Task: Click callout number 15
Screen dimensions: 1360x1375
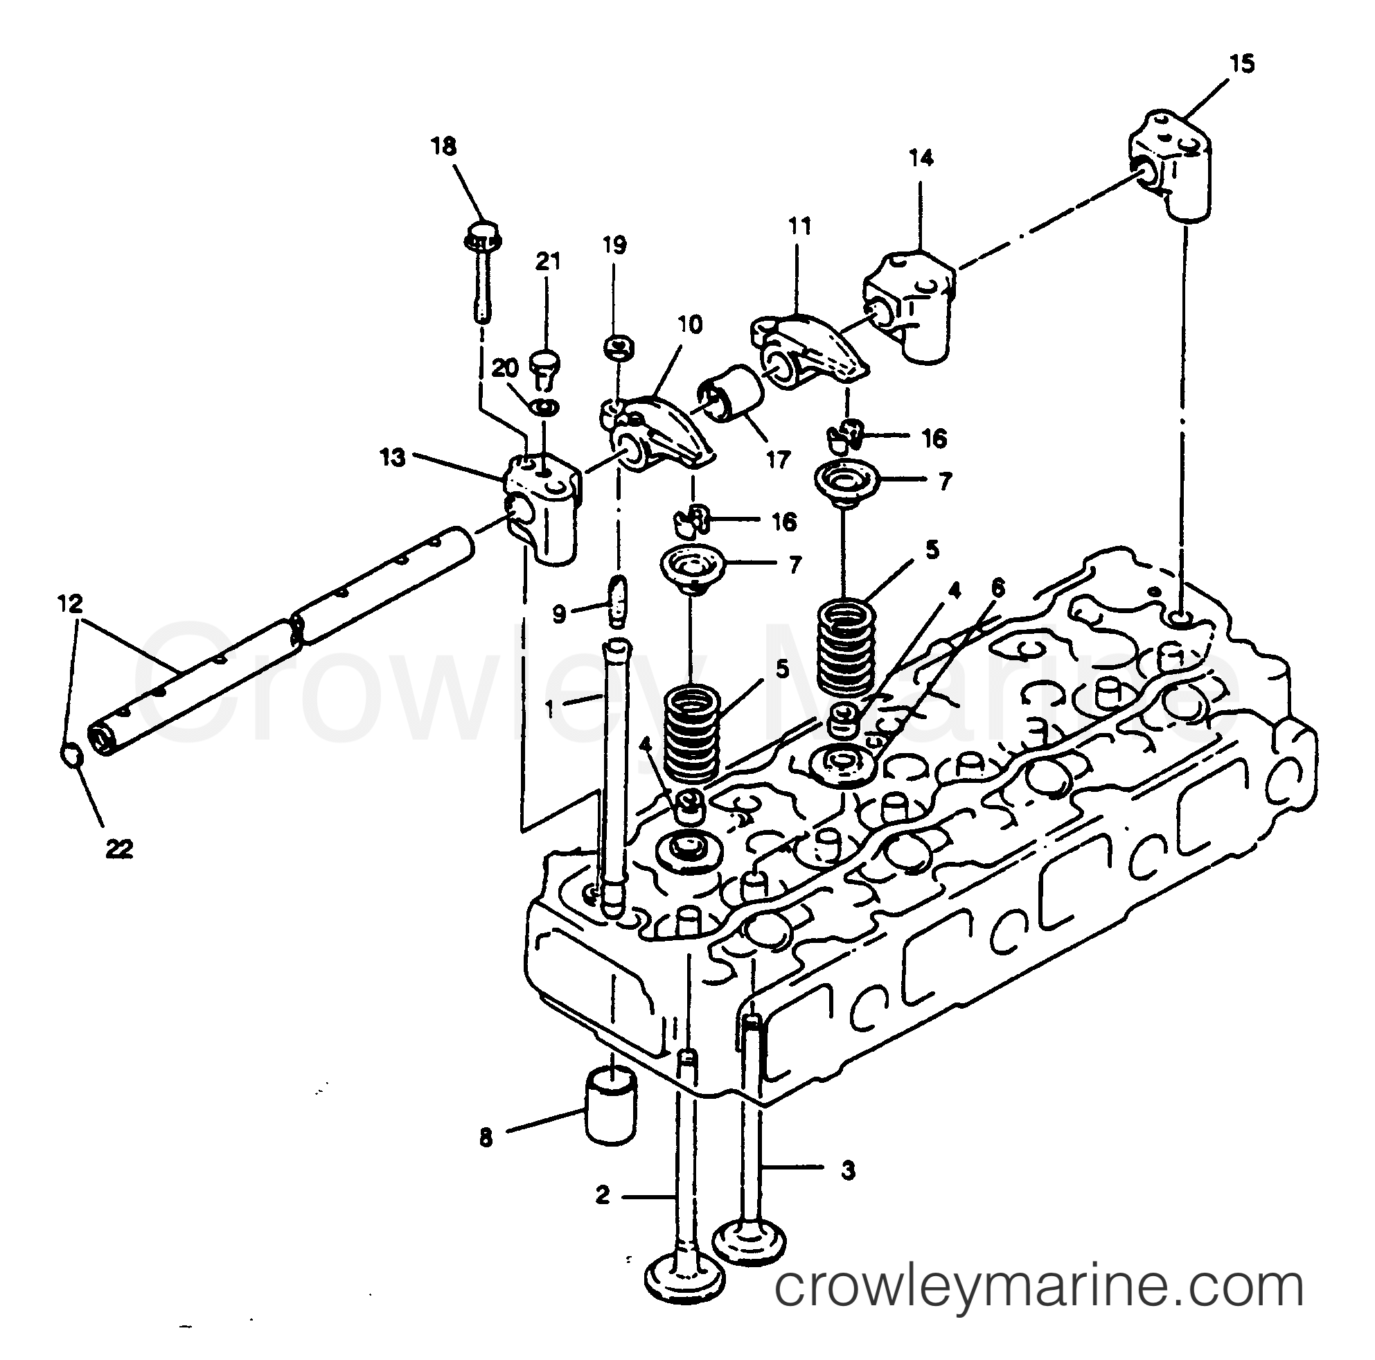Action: [1242, 64]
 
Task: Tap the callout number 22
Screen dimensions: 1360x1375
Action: [119, 848]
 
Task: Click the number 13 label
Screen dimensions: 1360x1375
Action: [392, 457]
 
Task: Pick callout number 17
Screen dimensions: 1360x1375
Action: [778, 461]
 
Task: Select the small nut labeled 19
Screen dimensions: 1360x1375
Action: [619, 348]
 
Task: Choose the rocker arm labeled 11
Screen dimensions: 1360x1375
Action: [808, 348]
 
